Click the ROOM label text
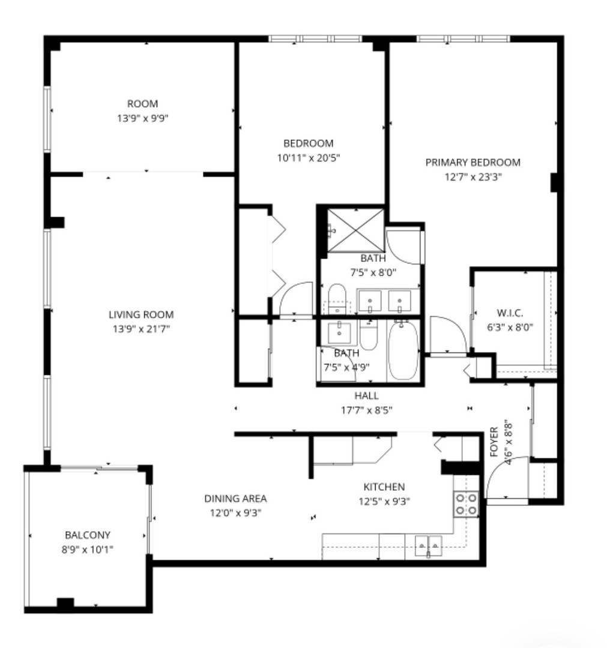[x=142, y=104]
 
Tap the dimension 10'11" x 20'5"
[x=308, y=158]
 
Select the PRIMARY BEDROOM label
[x=473, y=162]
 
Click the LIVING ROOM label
[x=141, y=314]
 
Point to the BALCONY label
[x=88, y=535]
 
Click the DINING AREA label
[x=235, y=499]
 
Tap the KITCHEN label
[x=384, y=487]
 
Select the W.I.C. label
[x=510, y=313]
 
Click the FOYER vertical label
[x=494, y=442]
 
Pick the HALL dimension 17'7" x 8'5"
[x=366, y=410]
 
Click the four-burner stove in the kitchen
[x=466, y=503]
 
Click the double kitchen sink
[x=428, y=545]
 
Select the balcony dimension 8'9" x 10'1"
[x=88, y=548]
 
